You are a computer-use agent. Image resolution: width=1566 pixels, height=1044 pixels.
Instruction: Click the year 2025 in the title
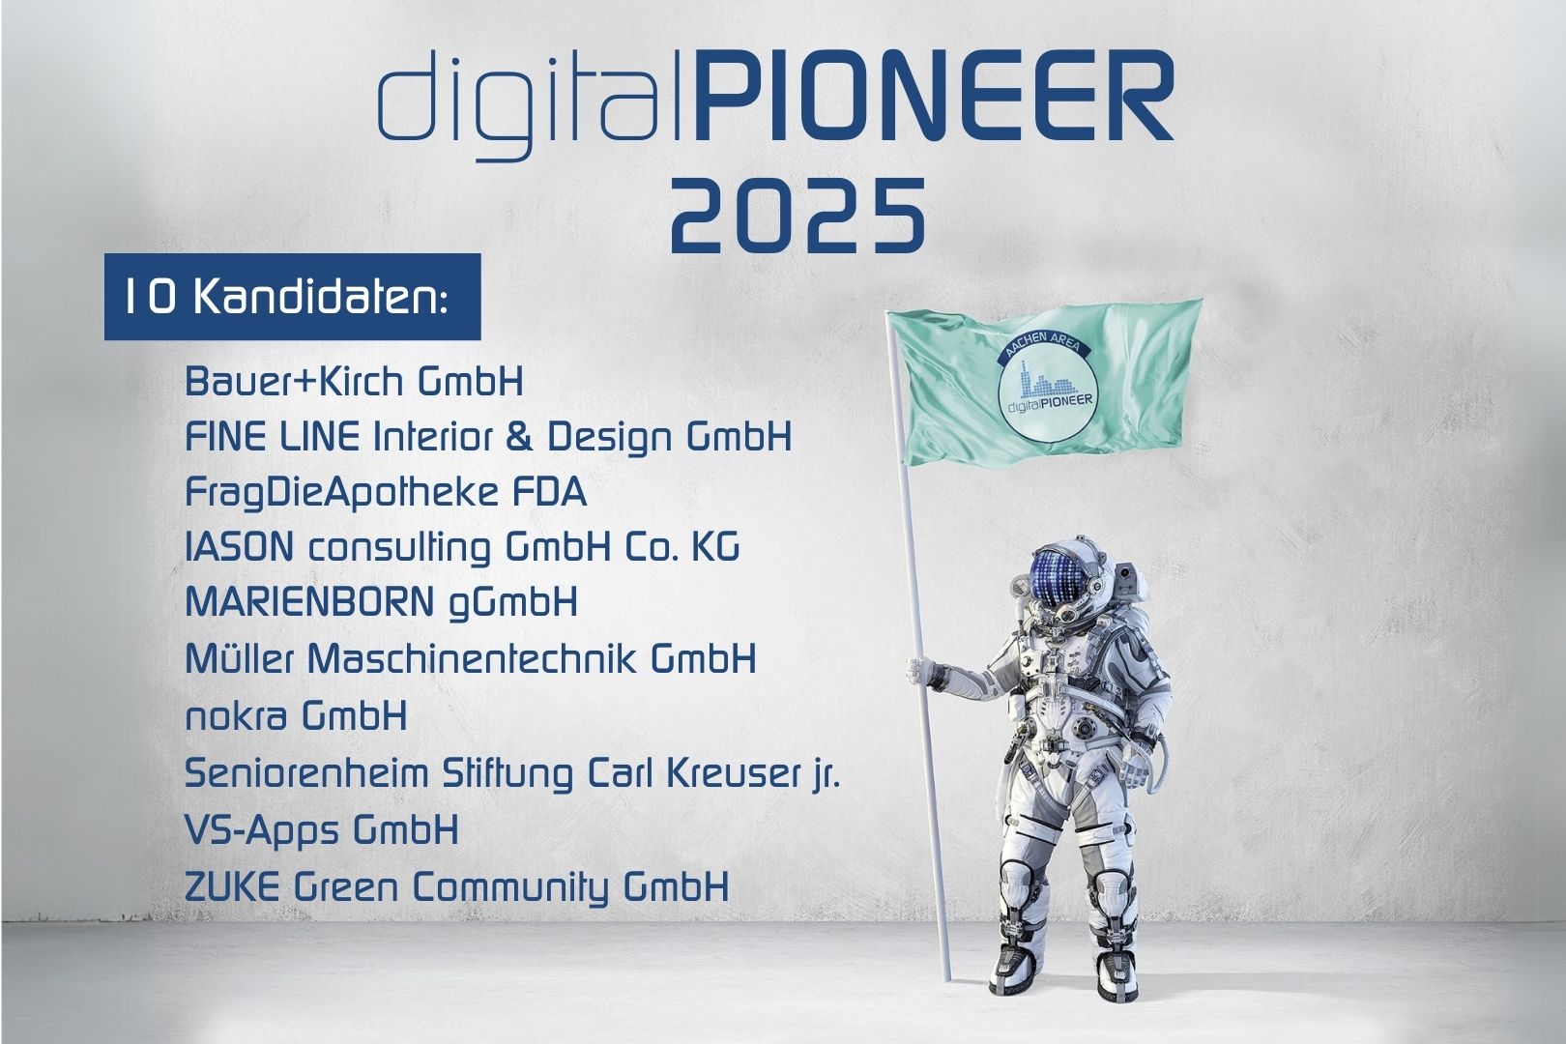797,216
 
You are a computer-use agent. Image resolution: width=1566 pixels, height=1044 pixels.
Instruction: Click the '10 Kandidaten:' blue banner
292,297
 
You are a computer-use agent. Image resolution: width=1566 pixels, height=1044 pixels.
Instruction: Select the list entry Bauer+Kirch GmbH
354,382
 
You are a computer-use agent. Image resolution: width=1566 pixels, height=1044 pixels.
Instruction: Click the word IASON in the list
239,547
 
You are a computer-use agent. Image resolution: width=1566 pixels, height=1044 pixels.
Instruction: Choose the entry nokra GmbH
296,715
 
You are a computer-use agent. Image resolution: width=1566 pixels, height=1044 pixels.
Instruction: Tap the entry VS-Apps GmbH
322,830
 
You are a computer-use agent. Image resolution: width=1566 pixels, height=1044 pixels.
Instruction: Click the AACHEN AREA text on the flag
1042,348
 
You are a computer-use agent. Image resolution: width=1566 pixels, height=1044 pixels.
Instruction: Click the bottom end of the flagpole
946,978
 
